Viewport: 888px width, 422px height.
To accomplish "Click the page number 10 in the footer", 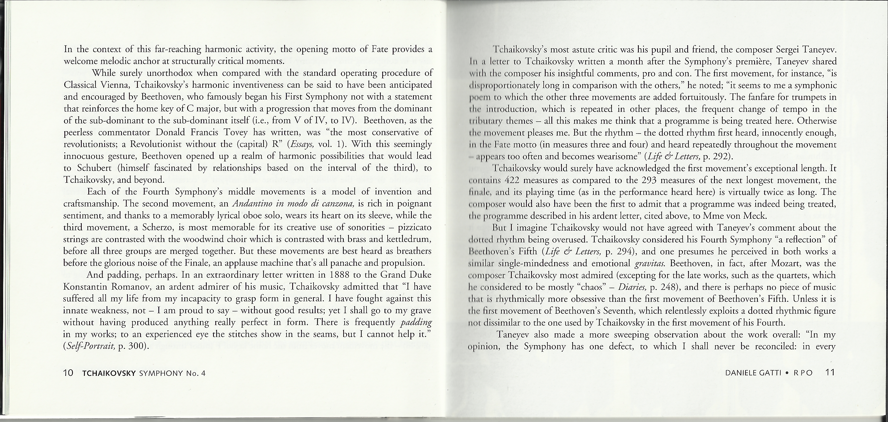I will pos(68,373).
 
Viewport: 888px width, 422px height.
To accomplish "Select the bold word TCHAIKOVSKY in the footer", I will pos(108,373).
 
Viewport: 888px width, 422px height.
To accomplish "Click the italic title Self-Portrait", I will pos(90,346).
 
